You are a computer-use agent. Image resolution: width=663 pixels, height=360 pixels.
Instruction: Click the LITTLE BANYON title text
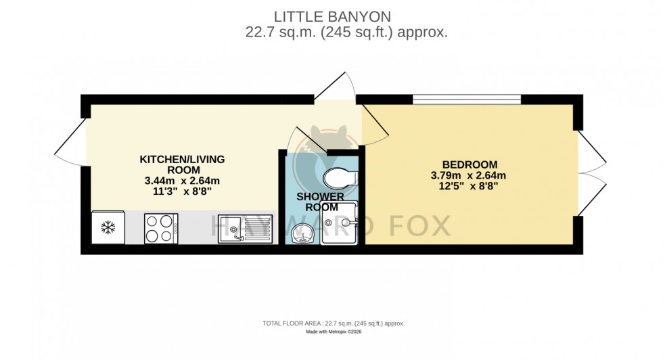coord(331,16)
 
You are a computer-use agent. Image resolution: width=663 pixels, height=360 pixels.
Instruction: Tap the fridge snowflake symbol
coord(108,227)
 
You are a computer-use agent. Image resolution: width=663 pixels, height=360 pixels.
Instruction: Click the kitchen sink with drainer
coord(245,228)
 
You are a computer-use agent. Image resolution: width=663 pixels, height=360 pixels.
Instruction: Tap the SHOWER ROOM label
coord(320,202)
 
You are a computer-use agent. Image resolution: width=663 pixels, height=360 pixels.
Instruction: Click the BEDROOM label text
coord(470,164)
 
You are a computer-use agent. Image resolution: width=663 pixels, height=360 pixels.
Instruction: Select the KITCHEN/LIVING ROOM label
coord(182,164)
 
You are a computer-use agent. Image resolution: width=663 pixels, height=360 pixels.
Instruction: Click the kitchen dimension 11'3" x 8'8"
coord(182,192)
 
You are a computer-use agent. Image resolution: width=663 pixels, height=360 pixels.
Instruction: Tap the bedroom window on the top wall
coord(467,99)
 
